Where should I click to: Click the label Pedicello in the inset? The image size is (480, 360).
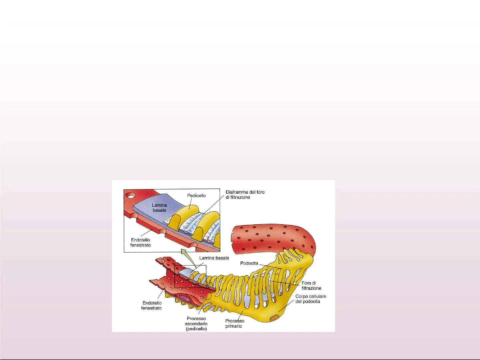pos(196,196)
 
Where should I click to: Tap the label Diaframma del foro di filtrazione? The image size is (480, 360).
pos(245,195)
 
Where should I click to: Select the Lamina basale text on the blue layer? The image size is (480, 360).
pos(159,208)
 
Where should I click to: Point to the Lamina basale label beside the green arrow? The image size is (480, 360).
pos(214,258)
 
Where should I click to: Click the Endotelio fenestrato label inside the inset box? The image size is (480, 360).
pos(140,242)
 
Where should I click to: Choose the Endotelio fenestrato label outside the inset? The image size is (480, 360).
pos(152,305)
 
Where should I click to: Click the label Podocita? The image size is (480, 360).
pos(249,263)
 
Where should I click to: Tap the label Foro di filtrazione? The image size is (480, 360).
pos(311,286)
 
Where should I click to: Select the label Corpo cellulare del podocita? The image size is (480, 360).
pos(310,299)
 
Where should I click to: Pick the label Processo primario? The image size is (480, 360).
pos(234,323)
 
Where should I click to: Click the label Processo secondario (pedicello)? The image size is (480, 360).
pos(196,324)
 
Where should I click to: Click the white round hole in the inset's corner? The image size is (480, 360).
pos(130,195)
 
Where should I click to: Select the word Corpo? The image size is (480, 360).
pos(302,296)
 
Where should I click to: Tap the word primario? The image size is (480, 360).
pos(233,326)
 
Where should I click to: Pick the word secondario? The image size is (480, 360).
pos(196,324)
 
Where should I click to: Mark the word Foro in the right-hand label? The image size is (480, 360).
pos(306,283)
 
